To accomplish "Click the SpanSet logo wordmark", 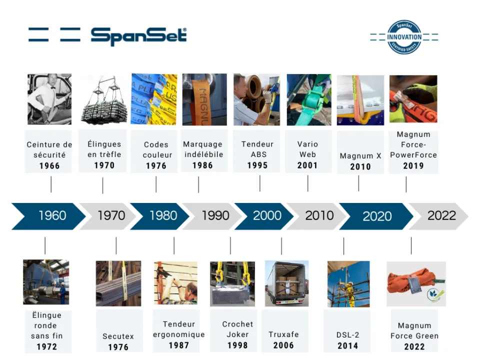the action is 138,36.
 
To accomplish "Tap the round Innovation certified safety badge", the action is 404,37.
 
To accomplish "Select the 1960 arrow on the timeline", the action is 48,216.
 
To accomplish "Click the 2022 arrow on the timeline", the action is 438,216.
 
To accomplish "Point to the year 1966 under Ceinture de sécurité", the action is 49,166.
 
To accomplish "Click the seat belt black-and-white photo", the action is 49,99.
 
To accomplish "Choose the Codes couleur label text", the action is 156,149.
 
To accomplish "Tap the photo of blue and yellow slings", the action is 154,99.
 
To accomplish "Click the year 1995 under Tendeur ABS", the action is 257,165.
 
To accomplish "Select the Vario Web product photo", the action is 309,99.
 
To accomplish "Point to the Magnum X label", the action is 360,156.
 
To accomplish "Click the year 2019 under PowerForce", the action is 413,166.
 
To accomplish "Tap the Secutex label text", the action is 118,336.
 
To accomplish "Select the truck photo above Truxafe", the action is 286,283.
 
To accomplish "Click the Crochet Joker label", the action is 237,329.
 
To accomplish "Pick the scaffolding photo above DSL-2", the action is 348,284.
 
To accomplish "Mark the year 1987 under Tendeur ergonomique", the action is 179,345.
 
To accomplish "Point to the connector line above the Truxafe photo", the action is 281,246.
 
